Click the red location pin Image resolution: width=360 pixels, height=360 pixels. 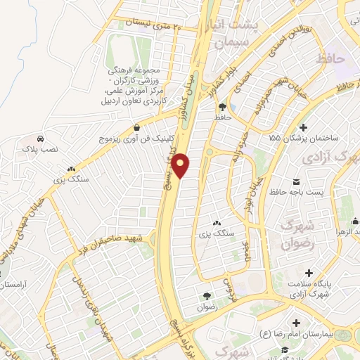tap(181, 165)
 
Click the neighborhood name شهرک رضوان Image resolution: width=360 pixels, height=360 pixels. tap(295, 235)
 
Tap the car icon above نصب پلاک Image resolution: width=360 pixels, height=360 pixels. tap(42, 138)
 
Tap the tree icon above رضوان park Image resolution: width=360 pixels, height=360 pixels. tap(207, 296)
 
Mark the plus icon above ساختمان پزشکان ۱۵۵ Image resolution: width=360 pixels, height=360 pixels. tap(303, 127)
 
